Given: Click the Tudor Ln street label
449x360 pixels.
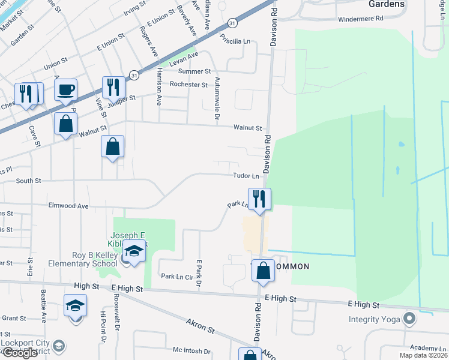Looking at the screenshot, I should [247, 176].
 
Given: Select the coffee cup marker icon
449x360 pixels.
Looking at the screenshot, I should [65, 90].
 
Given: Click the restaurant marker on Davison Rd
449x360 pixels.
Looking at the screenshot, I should [259, 199].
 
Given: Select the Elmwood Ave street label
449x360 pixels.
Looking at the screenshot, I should [69, 206].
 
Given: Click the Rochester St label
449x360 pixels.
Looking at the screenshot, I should [188, 85].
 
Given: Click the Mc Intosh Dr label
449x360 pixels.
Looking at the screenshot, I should [191, 351].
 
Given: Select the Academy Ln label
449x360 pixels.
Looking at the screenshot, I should [426, 348].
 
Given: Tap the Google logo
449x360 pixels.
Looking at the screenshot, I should [20, 353].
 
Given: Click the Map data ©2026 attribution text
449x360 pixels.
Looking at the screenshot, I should [423, 355].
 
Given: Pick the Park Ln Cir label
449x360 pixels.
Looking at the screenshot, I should [176, 277].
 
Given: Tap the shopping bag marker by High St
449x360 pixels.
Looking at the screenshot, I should [264, 271].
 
